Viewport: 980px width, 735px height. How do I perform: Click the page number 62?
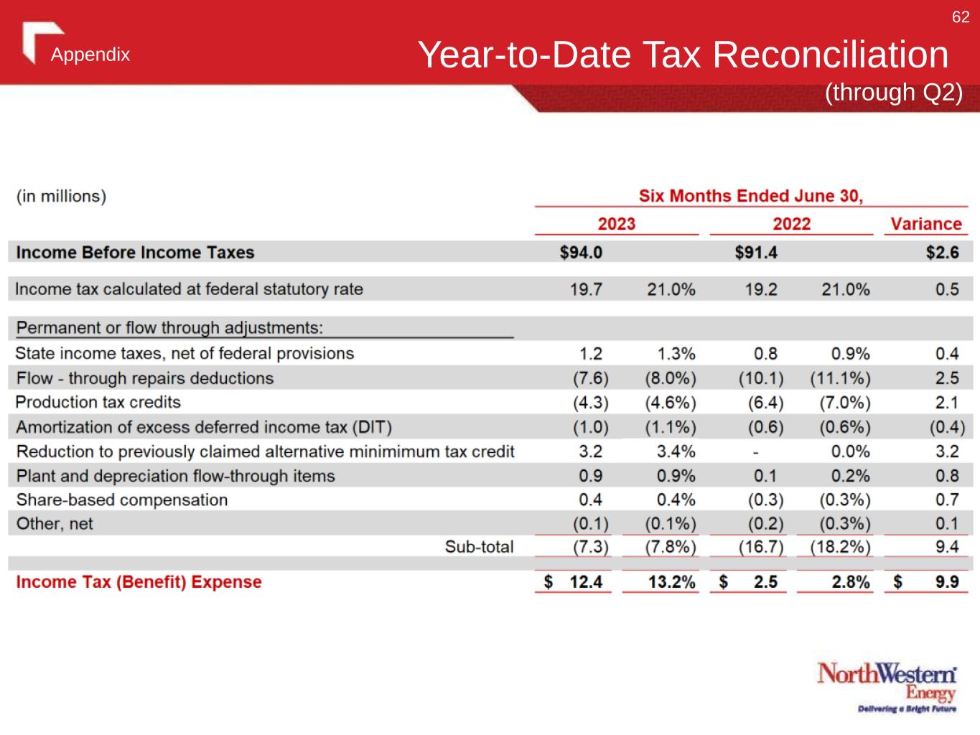click(x=961, y=17)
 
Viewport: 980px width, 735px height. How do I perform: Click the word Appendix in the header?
click(x=90, y=55)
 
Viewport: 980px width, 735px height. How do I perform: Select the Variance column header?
click(x=925, y=224)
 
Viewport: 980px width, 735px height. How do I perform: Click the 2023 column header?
click(x=616, y=224)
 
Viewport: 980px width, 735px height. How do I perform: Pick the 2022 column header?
click(x=791, y=224)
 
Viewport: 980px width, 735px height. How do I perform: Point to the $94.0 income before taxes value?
click(x=581, y=253)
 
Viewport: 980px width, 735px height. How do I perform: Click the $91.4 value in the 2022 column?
click(x=756, y=253)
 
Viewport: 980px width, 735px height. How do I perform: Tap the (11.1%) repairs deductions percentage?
click(x=840, y=378)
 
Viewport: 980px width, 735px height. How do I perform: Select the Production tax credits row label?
click(x=98, y=402)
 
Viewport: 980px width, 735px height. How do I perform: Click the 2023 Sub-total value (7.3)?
click(x=590, y=547)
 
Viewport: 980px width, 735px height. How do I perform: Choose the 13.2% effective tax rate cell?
click(x=671, y=582)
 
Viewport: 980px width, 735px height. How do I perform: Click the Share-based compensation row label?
click(x=121, y=500)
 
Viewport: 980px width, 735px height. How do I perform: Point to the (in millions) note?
click(x=61, y=196)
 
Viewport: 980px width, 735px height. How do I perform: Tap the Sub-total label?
click(x=479, y=547)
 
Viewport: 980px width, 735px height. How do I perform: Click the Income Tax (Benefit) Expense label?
click(x=139, y=582)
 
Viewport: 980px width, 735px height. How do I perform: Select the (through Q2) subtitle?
click(x=892, y=93)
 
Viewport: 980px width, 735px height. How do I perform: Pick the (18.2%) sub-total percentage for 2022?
click(x=840, y=547)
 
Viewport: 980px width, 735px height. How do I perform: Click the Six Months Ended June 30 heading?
click(x=751, y=196)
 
